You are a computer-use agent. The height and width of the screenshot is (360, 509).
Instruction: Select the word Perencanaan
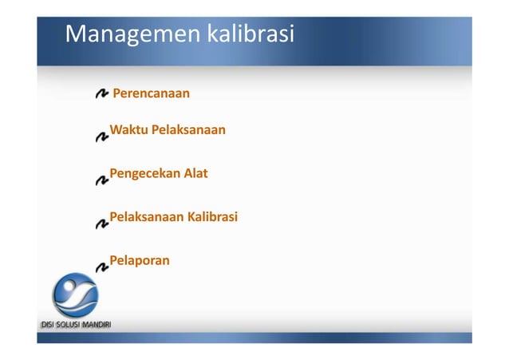pyautogui.click(x=152, y=94)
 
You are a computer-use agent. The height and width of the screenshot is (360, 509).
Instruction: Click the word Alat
pyautogui.click(x=195, y=172)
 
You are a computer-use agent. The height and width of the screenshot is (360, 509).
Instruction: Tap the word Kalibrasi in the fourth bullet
pyautogui.click(x=212, y=216)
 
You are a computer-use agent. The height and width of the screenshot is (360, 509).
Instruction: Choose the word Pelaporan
pyautogui.click(x=140, y=260)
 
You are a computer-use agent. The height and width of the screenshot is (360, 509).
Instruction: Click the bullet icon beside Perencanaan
pyautogui.click(x=102, y=95)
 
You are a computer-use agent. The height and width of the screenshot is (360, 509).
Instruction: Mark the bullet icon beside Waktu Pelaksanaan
pyautogui.click(x=102, y=136)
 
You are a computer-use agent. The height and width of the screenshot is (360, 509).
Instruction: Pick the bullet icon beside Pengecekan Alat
pyautogui.click(x=102, y=180)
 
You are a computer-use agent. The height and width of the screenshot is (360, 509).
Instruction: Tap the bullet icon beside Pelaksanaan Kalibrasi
pyautogui.click(x=102, y=224)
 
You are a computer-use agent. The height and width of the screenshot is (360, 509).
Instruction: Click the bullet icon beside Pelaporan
pyautogui.click(x=102, y=267)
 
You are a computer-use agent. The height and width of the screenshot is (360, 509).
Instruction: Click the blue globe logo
pyautogui.click(x=75, y=295)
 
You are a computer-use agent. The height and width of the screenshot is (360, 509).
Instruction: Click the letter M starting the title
pyautogui.click(x=76, y=35)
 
